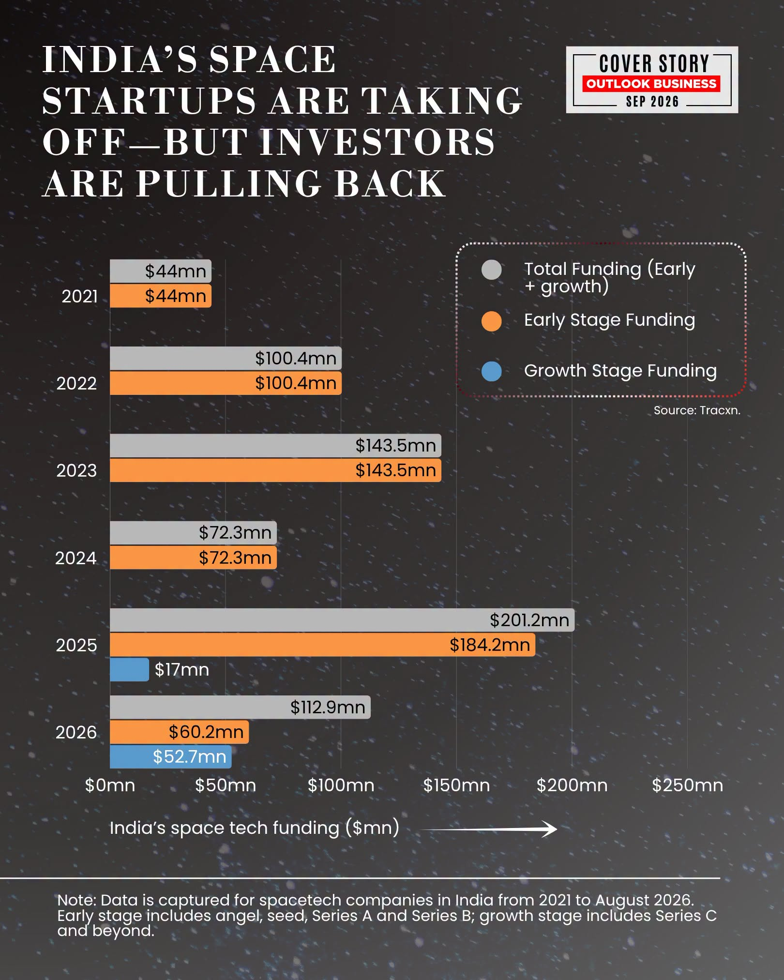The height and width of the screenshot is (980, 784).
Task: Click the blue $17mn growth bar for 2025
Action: [x=129, y=669]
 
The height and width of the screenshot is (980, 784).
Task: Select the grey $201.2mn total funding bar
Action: [x=342, y=620]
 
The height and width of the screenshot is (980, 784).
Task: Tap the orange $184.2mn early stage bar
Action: [x=322, y=645]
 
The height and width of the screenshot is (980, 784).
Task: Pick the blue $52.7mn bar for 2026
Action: [x=171, y=756]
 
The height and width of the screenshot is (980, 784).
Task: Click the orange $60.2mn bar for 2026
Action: [x=180, y=732]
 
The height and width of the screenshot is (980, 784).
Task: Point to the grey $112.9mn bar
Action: [x=240, y=707]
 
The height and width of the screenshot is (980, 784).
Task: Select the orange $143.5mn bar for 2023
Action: [x=275, y=470]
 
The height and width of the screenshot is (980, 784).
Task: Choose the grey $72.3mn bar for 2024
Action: [x=194, y=533]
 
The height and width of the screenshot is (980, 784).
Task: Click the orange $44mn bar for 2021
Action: [x=161, y=296]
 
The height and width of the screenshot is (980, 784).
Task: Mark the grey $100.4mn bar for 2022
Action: [x=226, y=358]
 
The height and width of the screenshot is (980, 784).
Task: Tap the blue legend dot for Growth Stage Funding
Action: [x=492, y=371]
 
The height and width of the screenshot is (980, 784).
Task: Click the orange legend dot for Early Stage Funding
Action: [x=492, y=321]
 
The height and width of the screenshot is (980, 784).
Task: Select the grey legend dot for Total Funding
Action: [x=492, y=270]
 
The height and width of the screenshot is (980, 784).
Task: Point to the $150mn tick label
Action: [x=456, y=785]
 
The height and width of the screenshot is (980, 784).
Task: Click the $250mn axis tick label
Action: [x=687, y=785]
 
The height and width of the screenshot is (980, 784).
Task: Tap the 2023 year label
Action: [x=76, y=470]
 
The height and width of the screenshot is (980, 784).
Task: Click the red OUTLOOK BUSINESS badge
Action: [x=651, y=84]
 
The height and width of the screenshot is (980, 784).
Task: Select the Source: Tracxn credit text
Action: [x=697, y=410]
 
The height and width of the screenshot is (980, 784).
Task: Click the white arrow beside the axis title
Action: [x=489, y=829]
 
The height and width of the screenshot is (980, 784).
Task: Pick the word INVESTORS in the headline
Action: [x=377, y=142]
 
